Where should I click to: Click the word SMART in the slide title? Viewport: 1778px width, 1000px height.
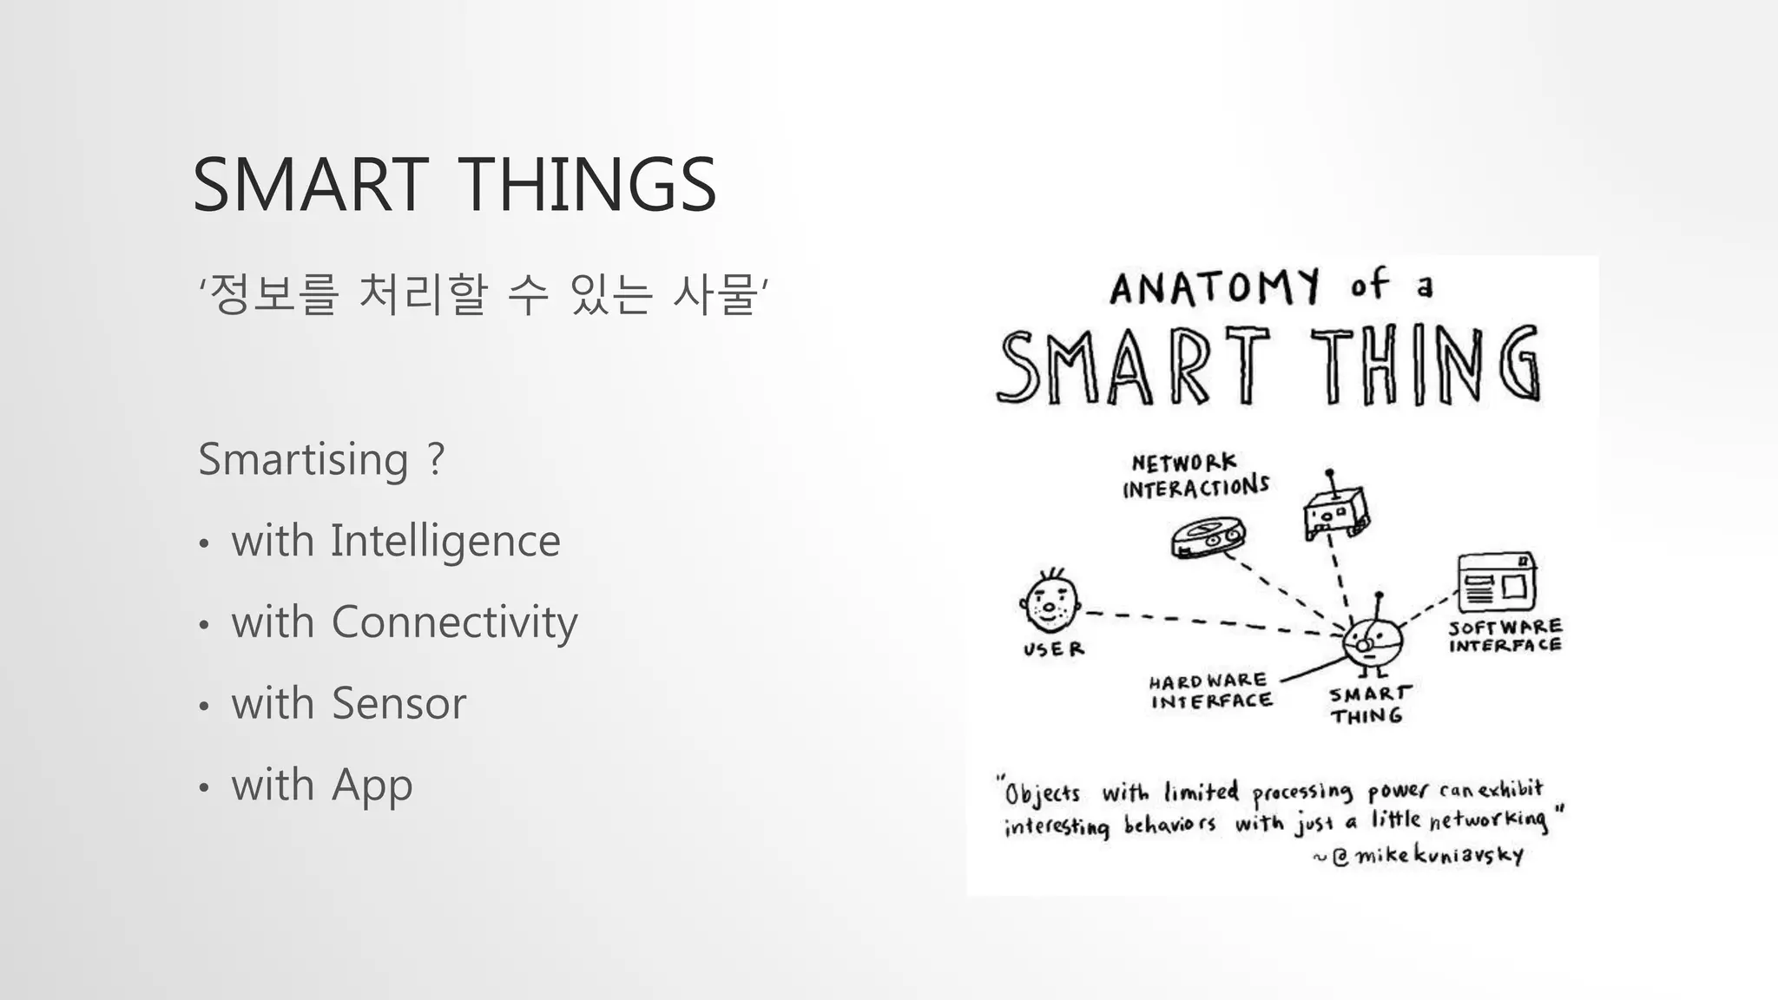pos(310,184)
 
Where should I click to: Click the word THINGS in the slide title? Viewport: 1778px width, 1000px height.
pos(586,184)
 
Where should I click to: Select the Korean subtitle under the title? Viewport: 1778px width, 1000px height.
pos(484,293)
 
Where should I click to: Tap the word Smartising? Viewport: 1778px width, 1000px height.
pos(303,458)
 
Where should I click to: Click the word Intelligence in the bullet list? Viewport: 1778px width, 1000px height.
pos(445,541)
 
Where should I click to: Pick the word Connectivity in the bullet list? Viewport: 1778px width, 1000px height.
pos(454,622)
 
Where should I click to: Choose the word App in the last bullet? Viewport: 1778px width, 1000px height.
pos(372,786)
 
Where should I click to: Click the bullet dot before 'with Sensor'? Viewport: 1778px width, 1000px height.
pos(204,706)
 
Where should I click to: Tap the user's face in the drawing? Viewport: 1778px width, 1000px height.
pos(1050,602)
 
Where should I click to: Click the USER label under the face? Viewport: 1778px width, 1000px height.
pos(1053,649)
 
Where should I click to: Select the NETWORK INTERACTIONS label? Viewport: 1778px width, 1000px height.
pos(1195,476)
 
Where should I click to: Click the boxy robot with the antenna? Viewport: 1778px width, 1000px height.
pos(1335,512)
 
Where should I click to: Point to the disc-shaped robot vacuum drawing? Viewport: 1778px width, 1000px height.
pos(1208,536)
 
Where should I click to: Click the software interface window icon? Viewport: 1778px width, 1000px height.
pos(1497,582)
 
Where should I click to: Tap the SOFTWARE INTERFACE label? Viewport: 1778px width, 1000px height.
pos(1505,635)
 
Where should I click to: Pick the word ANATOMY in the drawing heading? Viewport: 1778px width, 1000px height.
pos(1215,287)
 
